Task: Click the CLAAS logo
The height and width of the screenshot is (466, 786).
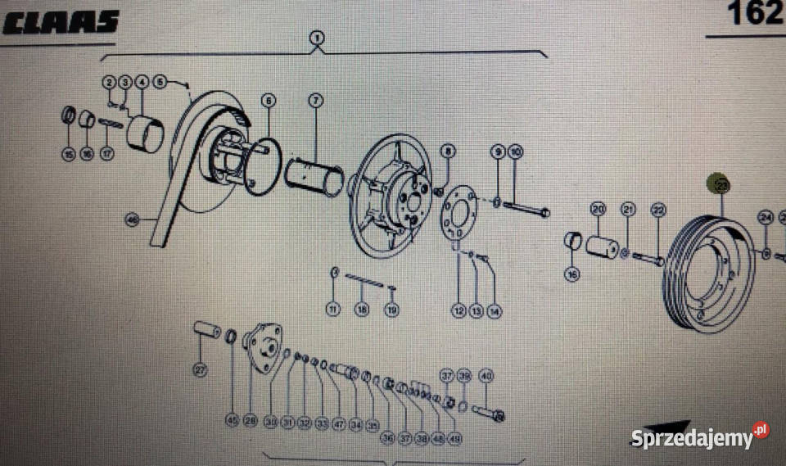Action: point(61,22)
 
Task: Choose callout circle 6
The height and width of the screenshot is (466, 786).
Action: point(268,101)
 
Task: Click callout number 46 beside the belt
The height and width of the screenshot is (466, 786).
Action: point(132,219)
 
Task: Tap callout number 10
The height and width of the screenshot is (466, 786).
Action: point(515,152)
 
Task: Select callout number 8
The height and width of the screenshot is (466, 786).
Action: point(447,152)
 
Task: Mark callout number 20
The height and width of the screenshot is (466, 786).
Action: point(598,210)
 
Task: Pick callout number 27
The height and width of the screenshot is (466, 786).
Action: point(201,370)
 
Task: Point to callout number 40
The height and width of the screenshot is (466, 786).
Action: point(486,376)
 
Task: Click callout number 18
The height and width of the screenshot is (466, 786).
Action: point(362,310)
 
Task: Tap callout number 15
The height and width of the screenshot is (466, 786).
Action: point(69,153)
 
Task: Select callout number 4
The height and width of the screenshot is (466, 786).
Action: point(142,82)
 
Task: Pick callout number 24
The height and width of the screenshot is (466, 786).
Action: point(766,218)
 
